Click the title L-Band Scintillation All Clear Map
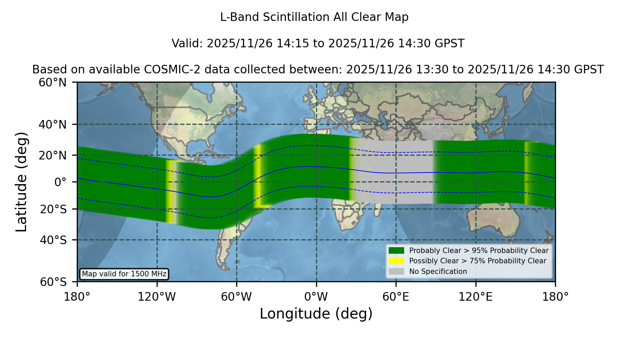[x=314, y=17]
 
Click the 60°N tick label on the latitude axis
[x=52, y=82]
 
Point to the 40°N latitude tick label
[x=52, y=124]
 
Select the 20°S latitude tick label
[x=53, y=209]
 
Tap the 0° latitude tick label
[x=60, y=182]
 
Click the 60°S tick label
[x=53, y=282]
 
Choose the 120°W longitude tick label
[x=157, y=297]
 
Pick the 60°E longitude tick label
[x=396, y=297]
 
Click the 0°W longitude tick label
[x=316, y=297]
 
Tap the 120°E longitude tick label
[x=475, y=297]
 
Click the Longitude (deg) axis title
[x=316, y=314]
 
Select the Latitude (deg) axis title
[x=22, y=182]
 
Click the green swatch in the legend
[x=396, y=250]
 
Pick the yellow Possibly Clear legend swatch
[x=396, y=261]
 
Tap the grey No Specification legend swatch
[x=396, y=272]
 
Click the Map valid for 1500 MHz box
[x=124, y=274]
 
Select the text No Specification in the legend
[x=438, y=272]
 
